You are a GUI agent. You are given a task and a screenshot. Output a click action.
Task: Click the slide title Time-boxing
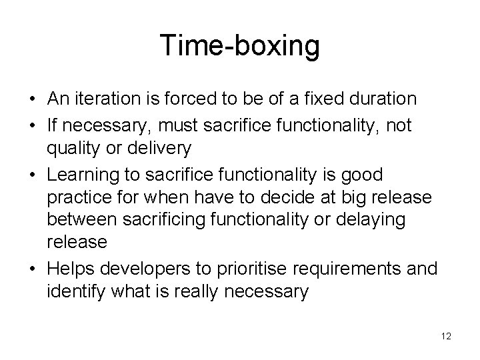tap(240, 47)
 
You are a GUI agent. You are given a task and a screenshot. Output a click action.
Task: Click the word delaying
tap(390, 221)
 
